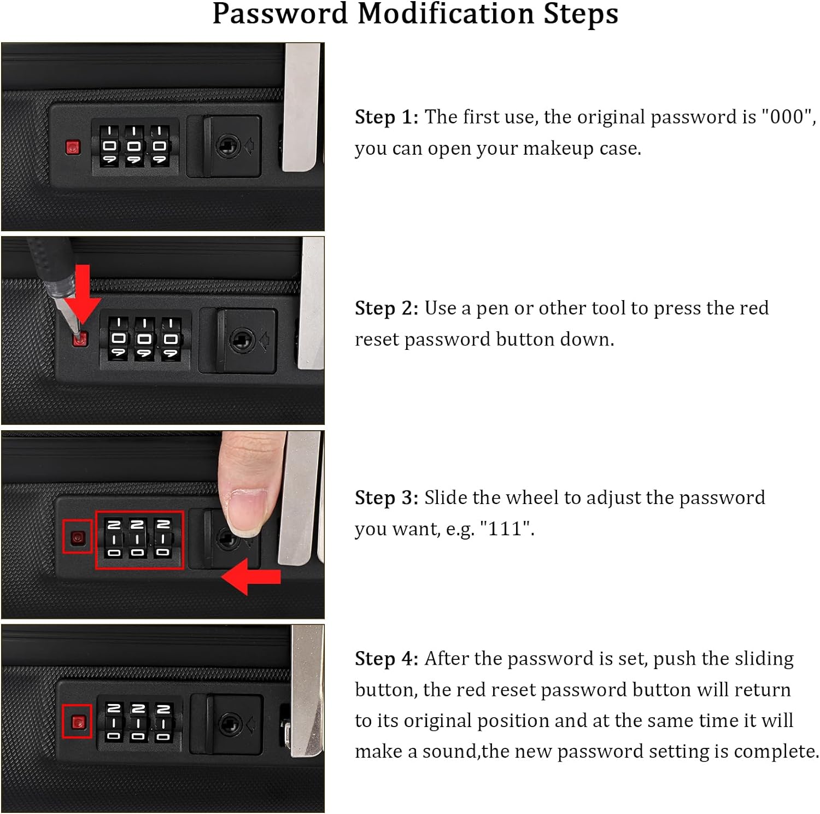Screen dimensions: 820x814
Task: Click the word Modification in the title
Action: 445,14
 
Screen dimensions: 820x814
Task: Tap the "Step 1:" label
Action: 386,117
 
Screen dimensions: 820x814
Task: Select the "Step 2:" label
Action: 386,308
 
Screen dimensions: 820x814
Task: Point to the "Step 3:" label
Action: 386,498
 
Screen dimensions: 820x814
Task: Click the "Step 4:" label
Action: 386,659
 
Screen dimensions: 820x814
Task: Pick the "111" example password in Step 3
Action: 507,529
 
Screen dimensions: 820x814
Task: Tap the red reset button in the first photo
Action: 73,148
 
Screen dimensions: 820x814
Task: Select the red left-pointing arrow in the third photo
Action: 251,576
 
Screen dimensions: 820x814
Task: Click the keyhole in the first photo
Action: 229,146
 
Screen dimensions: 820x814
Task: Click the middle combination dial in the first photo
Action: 134,145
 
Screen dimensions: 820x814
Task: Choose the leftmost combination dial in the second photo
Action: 119,339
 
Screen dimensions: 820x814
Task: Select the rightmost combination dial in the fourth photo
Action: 163,723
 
